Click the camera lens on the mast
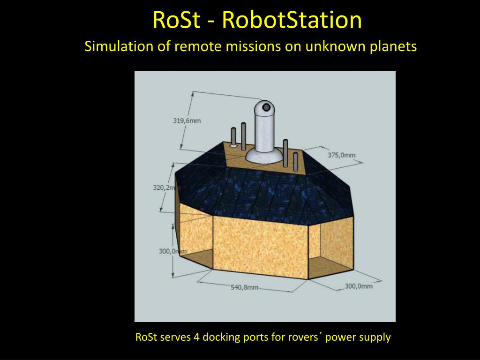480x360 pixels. click(267, 107)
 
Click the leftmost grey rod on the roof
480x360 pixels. click(233, 137)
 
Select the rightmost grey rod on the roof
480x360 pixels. click(295, 161)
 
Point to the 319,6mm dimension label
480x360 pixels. click(187, 120)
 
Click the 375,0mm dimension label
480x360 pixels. click(341, 155)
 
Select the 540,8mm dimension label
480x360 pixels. click(244, 287)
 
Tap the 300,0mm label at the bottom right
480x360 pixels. click(359, 286)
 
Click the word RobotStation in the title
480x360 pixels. click(292, 20)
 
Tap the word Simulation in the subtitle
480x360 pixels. click(112, 47)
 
